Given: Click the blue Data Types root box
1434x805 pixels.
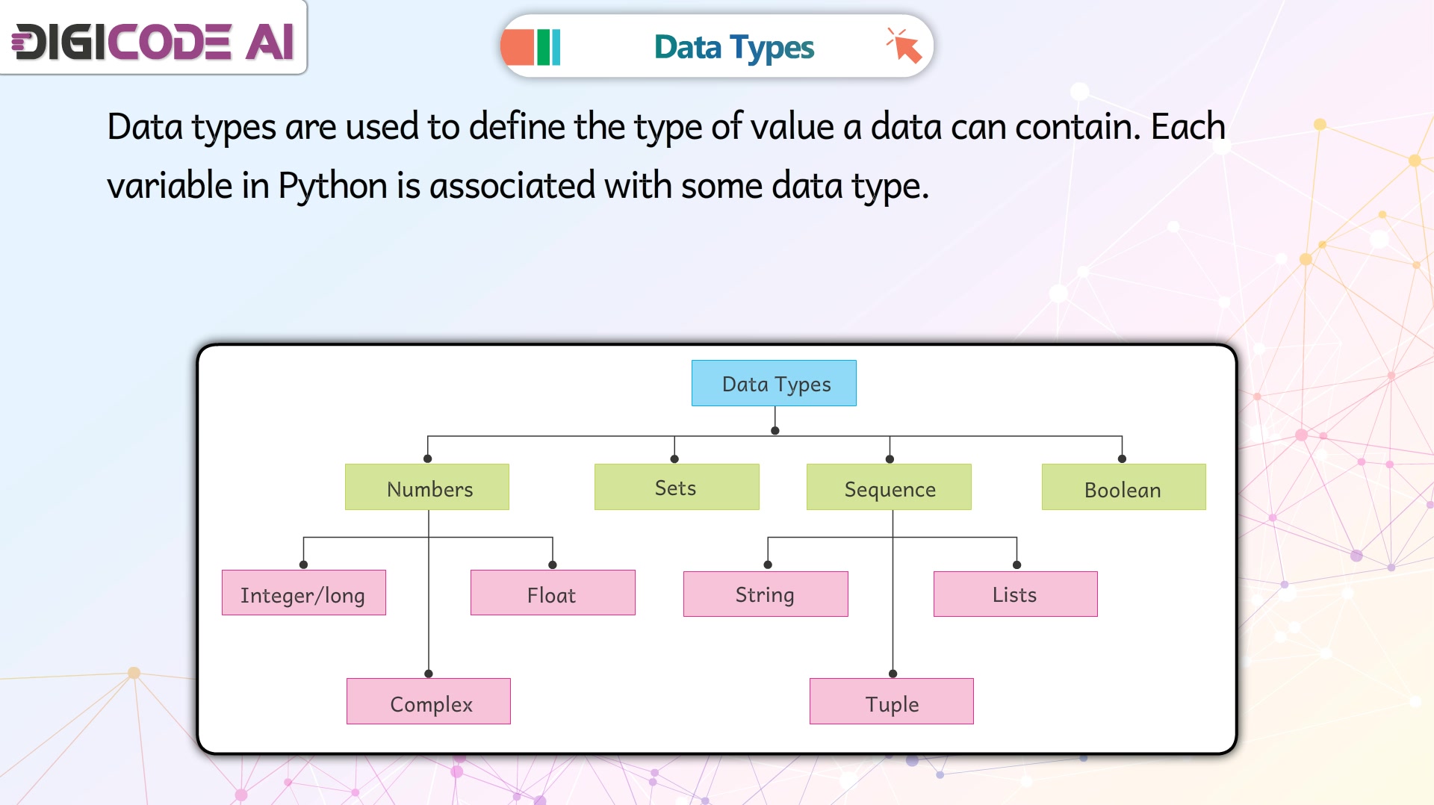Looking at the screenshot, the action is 774,383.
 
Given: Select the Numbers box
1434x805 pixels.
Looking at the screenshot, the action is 427,487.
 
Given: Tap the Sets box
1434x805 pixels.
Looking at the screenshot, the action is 677,487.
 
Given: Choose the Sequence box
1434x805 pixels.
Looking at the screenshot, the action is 889,487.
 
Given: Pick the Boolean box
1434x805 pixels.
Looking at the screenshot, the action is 1124,487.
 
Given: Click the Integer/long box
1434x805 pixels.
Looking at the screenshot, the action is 304,593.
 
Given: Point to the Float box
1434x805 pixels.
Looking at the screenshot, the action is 553,593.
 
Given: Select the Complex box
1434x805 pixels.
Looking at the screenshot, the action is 429,701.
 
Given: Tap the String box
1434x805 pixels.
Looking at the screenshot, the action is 766,594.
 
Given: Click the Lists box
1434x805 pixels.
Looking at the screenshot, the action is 1016,594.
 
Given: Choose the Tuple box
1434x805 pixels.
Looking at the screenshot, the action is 892,701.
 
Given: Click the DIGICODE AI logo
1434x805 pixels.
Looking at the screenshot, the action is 153,41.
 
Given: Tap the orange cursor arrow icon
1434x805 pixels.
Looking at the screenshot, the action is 904,46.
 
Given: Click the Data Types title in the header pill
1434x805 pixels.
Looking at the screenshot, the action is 734,48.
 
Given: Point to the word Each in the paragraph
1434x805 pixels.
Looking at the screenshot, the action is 1188,126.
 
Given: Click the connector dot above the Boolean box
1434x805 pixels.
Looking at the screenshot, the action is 1122,459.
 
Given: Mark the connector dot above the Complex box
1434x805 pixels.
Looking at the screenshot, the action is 429,674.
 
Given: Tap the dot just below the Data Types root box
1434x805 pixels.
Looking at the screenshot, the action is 775,431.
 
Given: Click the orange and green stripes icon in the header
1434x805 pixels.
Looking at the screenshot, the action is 531,47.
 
